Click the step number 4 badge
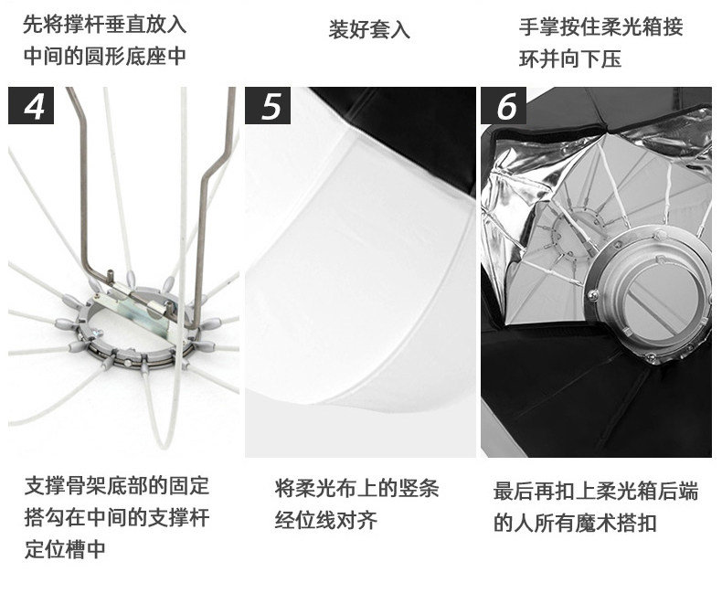31,105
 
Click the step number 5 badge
268,105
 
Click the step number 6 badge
504,105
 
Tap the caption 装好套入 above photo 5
369,29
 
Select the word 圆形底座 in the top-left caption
125,56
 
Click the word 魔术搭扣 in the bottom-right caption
616,523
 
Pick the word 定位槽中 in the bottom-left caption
65,549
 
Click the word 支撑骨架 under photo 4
65,486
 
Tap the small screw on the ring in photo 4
97,333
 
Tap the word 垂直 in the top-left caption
125,24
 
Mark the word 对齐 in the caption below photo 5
356,521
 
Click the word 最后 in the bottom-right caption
514,491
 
